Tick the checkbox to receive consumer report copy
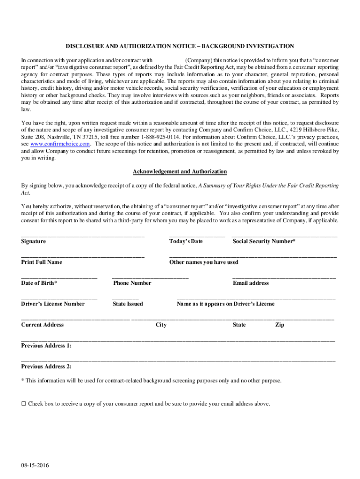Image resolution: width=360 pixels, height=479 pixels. point(23,404)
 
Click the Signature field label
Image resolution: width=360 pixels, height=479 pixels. point(33,241)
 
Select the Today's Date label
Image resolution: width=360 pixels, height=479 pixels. point(186,241)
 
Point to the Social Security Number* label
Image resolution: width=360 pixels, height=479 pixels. point(264,241)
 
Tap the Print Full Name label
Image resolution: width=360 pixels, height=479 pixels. point(42,262)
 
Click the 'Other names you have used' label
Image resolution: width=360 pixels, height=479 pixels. point(204,262)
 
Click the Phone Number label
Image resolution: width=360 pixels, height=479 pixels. point(132,283)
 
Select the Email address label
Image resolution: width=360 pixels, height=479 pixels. point(251,283)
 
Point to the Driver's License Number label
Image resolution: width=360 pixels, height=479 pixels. point(53,304)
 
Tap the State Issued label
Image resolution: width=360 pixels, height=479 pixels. point(128,304)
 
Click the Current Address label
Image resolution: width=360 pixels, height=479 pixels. point(43,325)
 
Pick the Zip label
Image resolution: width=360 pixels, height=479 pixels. point(279,325)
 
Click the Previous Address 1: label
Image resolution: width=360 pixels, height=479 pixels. point(46,346)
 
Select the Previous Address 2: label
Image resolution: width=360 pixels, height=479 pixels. point(46,367)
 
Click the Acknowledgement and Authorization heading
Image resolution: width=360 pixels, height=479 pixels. point(180,172)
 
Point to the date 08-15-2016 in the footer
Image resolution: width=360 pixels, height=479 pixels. point(35,466)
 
